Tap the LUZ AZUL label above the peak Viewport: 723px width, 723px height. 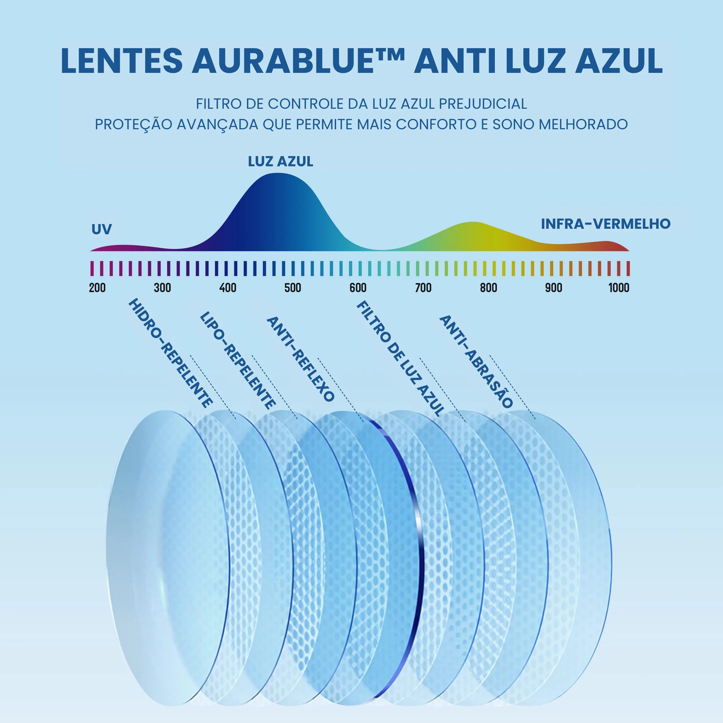(281, 162)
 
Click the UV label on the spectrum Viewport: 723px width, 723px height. (102, 229)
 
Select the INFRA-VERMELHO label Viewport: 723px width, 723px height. (606, 224)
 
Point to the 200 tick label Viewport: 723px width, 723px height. (97, 288)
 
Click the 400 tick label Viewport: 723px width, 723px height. (228, 288)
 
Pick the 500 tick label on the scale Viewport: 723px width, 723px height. (293, 288)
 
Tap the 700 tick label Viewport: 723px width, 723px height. (423, 288)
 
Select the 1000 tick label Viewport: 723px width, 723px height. (619, 288)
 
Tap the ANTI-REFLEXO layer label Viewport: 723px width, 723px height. (300, 359)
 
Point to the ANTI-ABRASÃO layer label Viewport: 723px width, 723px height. (476, 361)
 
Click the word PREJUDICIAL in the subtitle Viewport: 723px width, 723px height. (483, 104)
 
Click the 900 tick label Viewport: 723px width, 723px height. (554, 288)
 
